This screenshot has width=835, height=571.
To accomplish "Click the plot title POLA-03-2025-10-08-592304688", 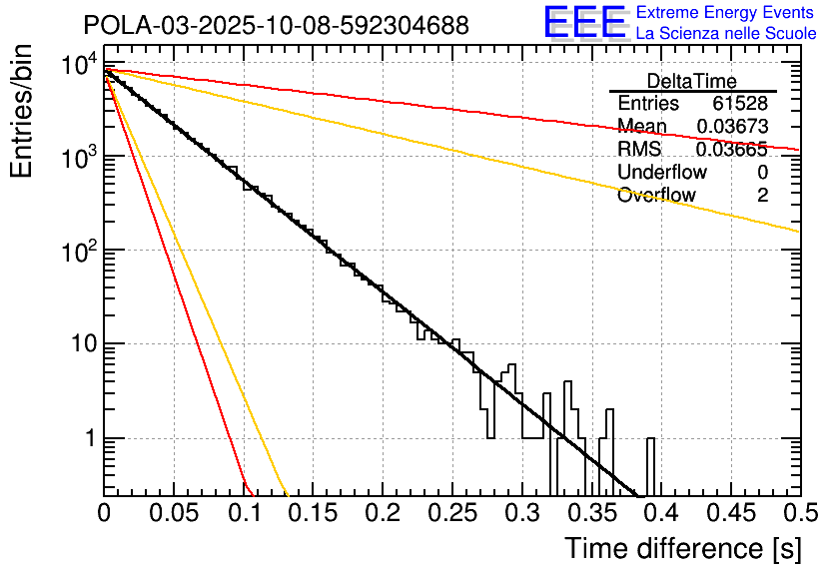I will coord(276,25).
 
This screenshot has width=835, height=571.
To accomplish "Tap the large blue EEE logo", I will coord(584,23).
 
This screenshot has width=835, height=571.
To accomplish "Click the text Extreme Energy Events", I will coord(725,13).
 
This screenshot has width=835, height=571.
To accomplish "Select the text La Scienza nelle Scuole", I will coord(725,33).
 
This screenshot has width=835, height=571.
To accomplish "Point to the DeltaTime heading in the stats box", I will coord(692,81).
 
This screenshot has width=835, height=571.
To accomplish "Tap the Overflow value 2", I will coord(762,196).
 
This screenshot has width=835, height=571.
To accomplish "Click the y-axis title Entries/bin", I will coord(24,113).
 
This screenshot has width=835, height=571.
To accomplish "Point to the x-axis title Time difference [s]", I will coord(681,548).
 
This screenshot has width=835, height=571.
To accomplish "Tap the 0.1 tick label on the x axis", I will coord(244,514).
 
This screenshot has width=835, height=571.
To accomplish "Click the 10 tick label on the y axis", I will coord(80,345).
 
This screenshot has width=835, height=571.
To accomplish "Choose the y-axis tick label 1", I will coord(88,439).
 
